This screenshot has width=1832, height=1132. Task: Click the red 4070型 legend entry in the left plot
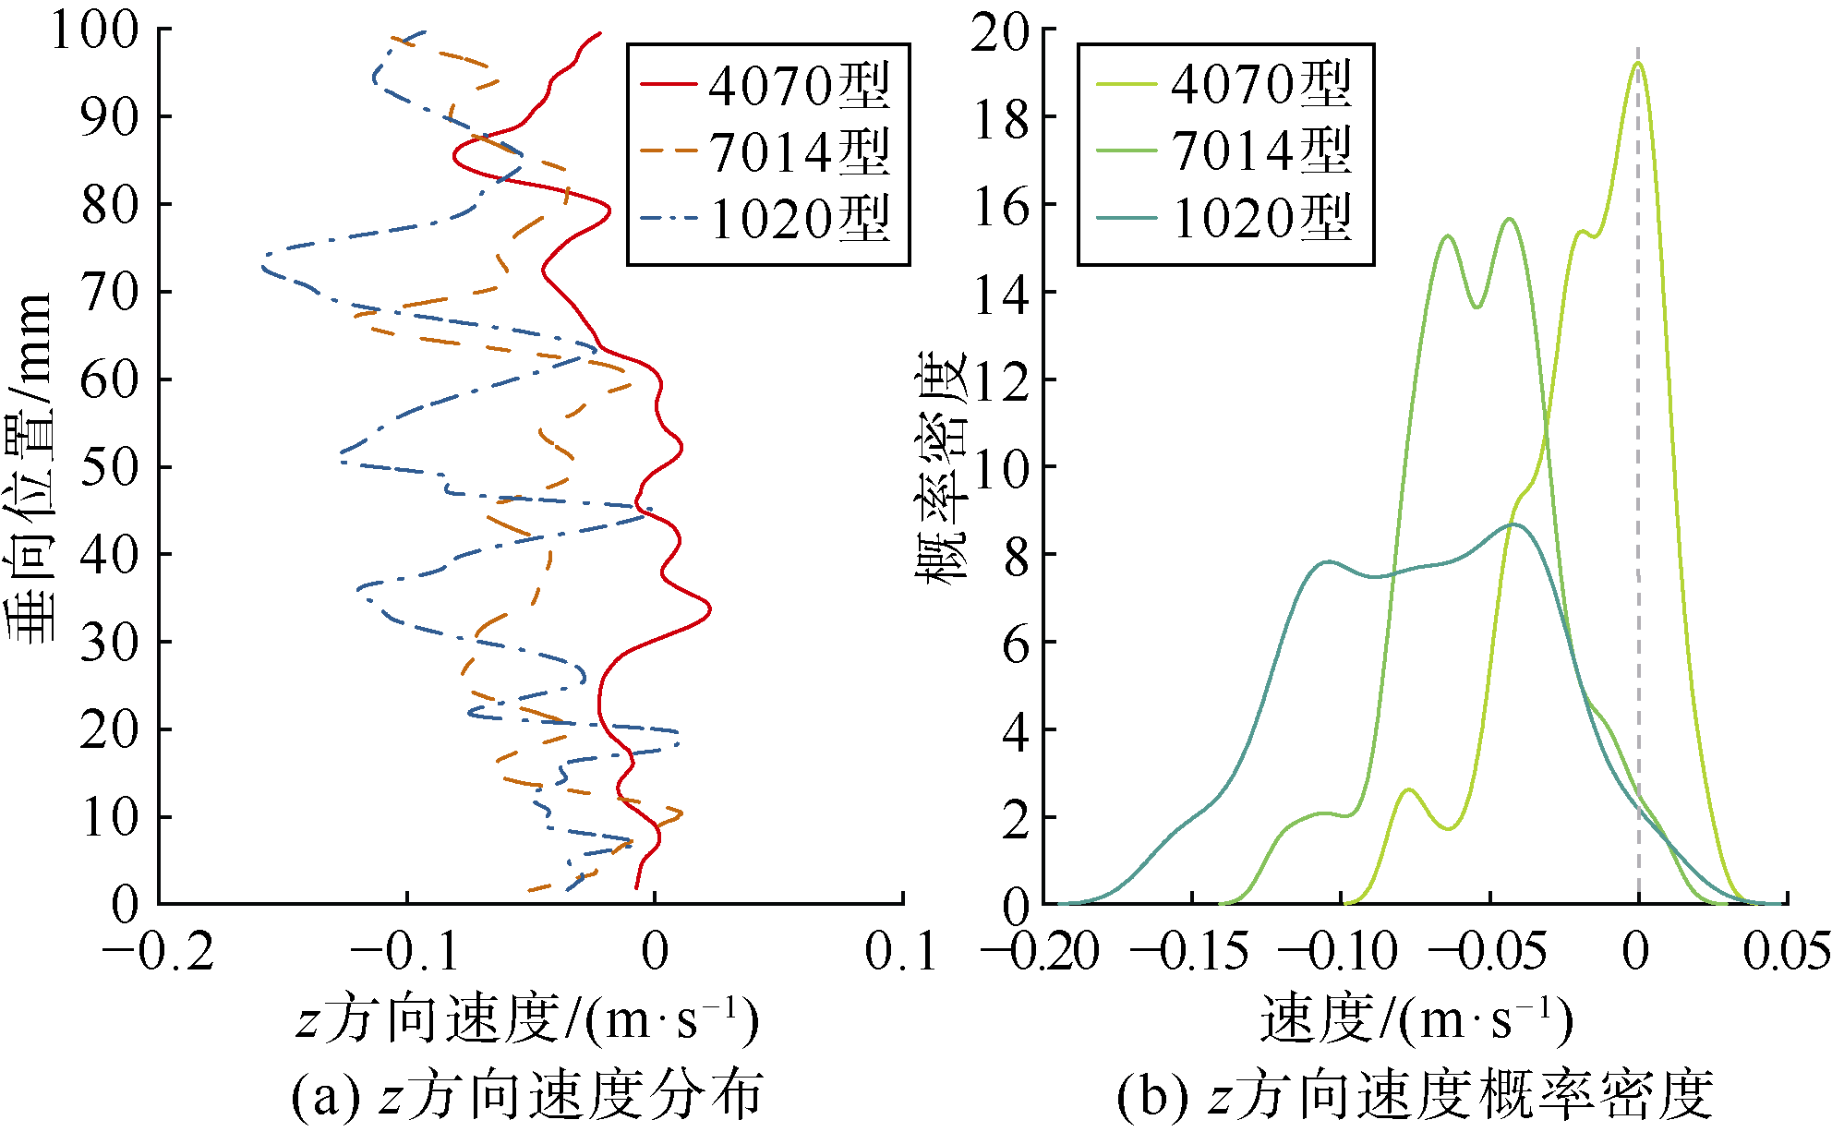[x=766, y=85]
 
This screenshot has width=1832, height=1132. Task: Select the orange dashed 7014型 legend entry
[x=766, y=151]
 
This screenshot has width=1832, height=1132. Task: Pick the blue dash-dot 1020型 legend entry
[x=766, y=219]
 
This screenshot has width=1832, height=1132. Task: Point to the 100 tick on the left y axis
[x=95, y=30]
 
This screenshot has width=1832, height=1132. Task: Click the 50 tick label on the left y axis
[x=109, y=466]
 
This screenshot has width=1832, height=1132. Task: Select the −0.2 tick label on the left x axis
[x=158, y=951]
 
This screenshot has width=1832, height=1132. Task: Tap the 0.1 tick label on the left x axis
[x=901, y=951]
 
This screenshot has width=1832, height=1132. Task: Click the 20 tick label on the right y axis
[x=1001, y=33]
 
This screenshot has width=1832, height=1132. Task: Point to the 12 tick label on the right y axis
[x=1001, y=379]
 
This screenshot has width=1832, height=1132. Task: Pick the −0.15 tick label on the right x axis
[x=1190, y=951]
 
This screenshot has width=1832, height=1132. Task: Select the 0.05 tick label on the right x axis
[x=1787, y=951]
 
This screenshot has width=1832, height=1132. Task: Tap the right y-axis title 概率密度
[x=942, y=466]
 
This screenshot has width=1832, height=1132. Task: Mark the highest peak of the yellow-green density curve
[x=1638, y=63]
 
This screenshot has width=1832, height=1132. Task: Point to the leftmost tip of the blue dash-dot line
[x=262, y=268]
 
